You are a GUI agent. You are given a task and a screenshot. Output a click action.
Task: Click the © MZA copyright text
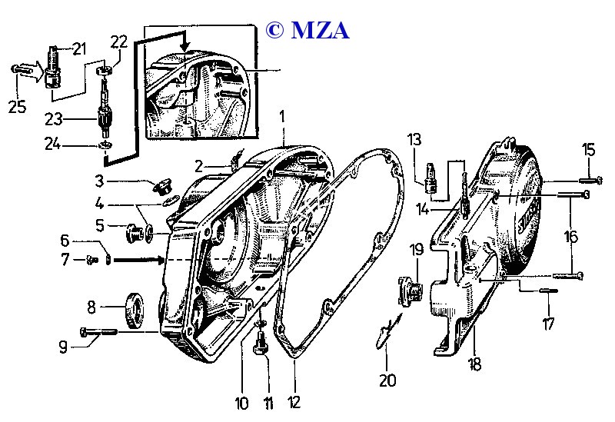[307, 29]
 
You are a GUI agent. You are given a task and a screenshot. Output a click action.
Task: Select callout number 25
[17, 107]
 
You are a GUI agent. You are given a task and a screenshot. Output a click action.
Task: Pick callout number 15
[588, 148]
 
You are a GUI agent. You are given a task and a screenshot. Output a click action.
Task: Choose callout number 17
[547, 324]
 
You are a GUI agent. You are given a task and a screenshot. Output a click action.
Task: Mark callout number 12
[295, 402]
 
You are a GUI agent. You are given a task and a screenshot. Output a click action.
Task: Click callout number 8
[91, 307]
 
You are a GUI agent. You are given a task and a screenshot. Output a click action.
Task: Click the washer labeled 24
[102, 145]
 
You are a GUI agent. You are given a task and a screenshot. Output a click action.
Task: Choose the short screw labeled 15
[587, 181]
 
